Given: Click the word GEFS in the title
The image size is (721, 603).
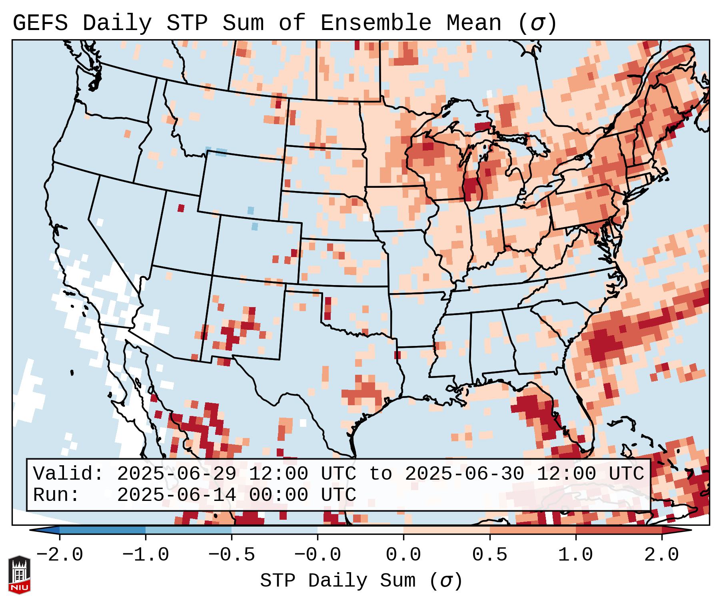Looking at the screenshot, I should (x=40, y=23).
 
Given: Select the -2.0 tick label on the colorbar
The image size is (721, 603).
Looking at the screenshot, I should (x=60, y=555).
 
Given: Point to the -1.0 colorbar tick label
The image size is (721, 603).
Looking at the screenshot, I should (x=146, y=555).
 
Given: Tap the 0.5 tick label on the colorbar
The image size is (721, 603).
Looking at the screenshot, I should (x=489, y=555).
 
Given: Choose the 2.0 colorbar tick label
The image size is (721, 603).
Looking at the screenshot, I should (x=661, y=555).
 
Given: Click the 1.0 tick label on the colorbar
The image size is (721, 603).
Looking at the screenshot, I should (x=575, y=555).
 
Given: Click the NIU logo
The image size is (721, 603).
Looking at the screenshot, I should (x=19, y=575).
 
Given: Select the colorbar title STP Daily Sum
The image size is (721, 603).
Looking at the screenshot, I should (x=338, y=581).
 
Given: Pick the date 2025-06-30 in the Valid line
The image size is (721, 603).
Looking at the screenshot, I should (x=464, y=474).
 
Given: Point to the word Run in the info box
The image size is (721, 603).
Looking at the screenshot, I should (x=56, y=495).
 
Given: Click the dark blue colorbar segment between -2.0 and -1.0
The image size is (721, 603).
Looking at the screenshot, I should (x=102, y=530).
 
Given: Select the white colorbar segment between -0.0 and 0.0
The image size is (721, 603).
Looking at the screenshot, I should (x=360, y=530).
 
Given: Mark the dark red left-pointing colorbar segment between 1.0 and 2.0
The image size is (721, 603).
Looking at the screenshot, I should (x=619, y=530).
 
